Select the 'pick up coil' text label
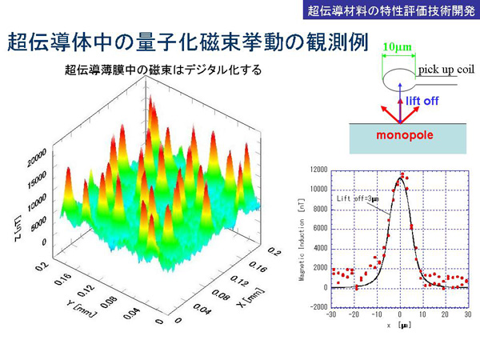(x=446, y=70)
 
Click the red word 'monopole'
(x=406, y=135)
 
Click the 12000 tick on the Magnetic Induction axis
(x=319, y=170)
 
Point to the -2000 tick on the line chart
(x=319, y=306)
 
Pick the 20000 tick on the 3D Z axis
(x=35, y=160)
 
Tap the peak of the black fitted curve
(x=400, y=178)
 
